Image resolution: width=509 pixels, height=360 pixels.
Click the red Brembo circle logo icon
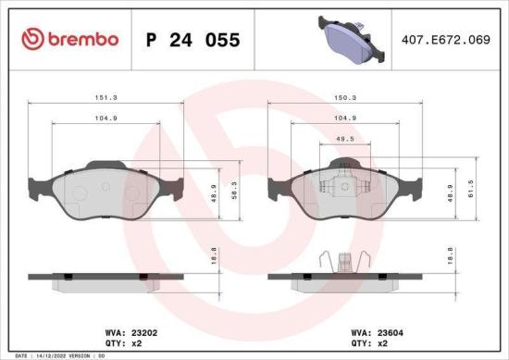tap(31, 39)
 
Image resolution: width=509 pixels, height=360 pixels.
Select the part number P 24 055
tap(193, 40)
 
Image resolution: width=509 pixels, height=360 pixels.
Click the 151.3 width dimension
tap(106, 94)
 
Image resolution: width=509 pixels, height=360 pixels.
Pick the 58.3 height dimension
tap(232, 189)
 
